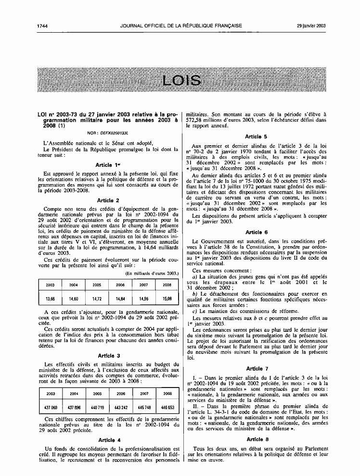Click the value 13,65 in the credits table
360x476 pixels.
pyautogui.click(x=50, y=298)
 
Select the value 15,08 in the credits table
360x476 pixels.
pyautogui.click(x=167, y=298)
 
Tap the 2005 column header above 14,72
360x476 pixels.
pyautogui.click(x=97, y=285)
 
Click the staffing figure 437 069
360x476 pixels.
pyautogui.click(x=50, y=407)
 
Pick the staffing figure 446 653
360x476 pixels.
pyautogui.click(x=167, y=407)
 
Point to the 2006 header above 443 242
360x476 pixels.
pyautogui.click(x=120, y=393)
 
